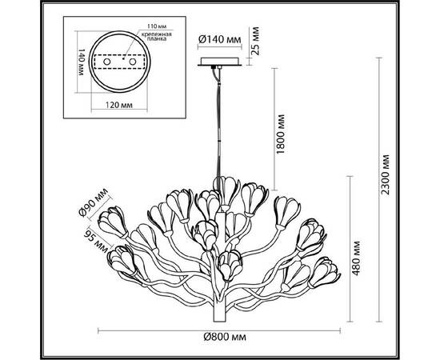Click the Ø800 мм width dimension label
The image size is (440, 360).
225,337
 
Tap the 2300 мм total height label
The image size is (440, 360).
386,174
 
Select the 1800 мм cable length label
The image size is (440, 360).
280,134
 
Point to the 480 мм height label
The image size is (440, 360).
356,258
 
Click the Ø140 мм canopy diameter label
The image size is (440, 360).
220,39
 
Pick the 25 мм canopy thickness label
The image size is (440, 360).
254,41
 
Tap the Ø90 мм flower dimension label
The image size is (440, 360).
94,202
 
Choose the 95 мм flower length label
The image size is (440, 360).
97,241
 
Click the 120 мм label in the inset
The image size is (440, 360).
119,105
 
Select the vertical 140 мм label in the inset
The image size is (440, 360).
81,62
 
